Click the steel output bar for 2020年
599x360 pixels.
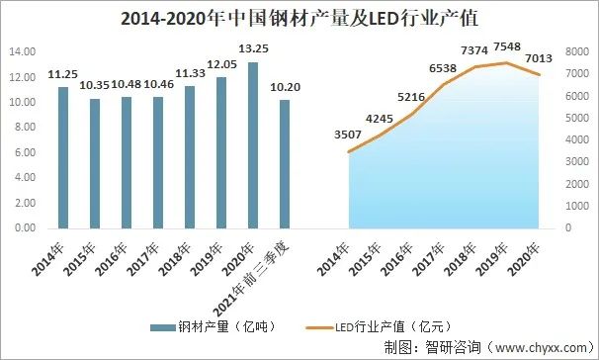tap(253, 145)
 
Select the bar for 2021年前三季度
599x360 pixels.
tap(285, 164)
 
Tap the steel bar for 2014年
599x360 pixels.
tap(63, 158)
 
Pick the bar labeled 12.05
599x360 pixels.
tap(221, 153)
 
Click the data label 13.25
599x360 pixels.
tap(253, 48)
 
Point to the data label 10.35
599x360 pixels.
tap(94, 85)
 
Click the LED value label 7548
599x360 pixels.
tap(507, 46)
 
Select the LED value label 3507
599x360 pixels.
tap(348, 135)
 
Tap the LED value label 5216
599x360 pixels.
tap(411, 97)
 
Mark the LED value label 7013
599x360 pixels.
tap(539, 58)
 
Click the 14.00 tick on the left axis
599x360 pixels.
tap(22, 51)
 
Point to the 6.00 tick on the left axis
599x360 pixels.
tap(25, 152)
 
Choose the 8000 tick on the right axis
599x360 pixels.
tap(577, 51)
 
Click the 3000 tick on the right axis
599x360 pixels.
tap(577, 161)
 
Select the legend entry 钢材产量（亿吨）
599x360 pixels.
tap(213, 326)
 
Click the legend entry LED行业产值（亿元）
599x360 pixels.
tap(379, 327)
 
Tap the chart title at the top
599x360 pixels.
tap(299, 19)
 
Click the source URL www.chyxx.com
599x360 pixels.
tap(541, 347)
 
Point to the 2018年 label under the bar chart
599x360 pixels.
tap(174, 259)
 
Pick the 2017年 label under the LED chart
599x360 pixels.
tap(428, 259)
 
